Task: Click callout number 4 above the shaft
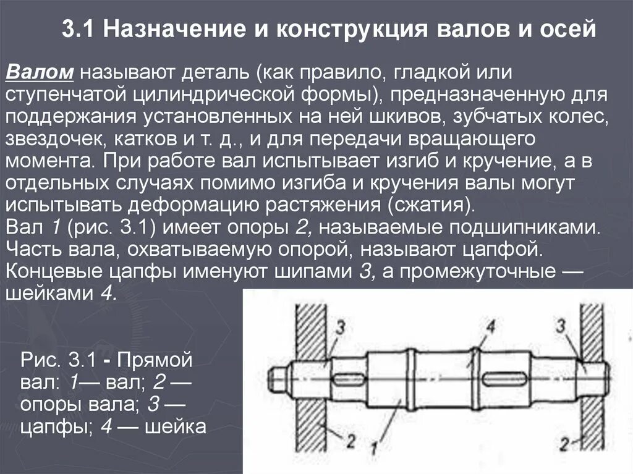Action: (x=490, y=326)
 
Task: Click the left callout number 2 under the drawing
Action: (x=350, y=441)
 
